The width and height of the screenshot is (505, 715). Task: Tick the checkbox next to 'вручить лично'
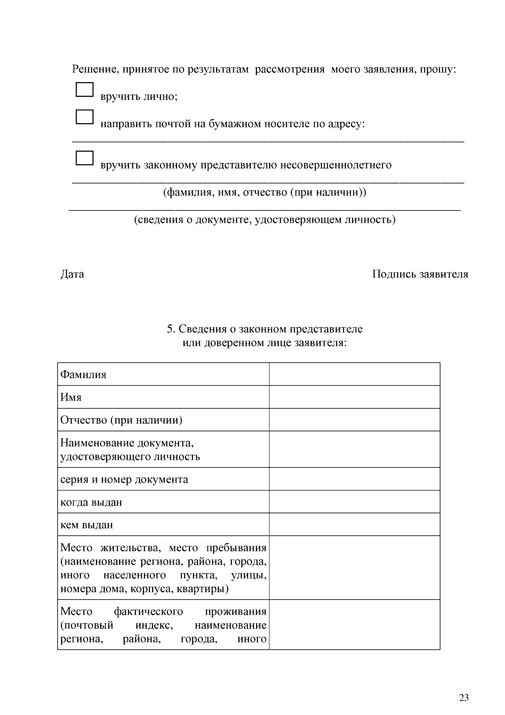[x=84, y=90]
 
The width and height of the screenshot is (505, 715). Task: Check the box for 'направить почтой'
[x=84, y=117]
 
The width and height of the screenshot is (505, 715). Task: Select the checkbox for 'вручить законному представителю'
[x=84, y=157]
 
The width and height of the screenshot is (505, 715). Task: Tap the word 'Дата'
[x=72, y=274]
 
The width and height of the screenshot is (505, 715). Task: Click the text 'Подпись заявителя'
[x=420, y=274]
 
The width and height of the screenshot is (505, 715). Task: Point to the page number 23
[x=464, y=698]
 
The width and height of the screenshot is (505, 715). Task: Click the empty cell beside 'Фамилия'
[x=354, y=374]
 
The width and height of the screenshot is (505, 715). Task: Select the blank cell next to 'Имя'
[x=354, y=397]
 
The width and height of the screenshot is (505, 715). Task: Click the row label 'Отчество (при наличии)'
[x=121, y=420]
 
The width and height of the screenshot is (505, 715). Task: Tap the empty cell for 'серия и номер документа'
[x=354, y=479]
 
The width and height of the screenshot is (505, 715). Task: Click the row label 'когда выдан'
[x=91, y=502]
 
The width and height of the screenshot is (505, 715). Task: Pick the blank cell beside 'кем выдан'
[x=354, y=525]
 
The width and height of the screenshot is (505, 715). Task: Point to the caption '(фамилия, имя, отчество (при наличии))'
[x=264, y=192]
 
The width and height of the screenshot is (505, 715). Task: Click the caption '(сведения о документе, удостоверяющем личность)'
[x=264, y=220]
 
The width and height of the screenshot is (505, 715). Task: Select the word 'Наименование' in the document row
[x=95, y=443]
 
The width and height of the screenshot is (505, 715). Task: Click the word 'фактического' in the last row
[x=148, y=611]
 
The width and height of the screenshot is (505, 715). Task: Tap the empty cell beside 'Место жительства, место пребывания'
[x=354, y=568]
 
